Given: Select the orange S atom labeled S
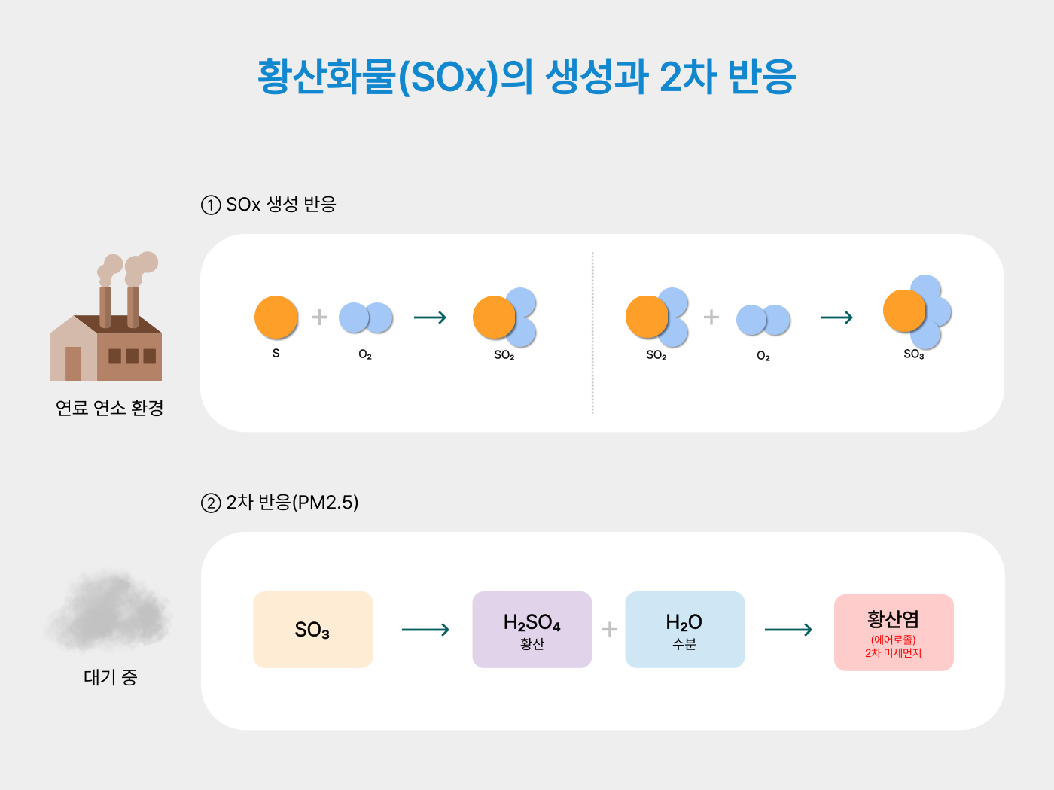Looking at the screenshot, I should (276, 318).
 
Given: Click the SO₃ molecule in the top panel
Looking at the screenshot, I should (917, 312).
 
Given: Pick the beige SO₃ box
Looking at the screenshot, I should (312, 630).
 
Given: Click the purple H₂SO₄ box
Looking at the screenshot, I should (532, 630).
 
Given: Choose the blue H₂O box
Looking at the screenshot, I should (684, 630).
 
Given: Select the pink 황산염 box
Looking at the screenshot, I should (894, 633).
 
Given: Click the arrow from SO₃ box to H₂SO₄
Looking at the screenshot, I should (425, 630).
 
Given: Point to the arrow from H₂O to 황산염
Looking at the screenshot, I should (788, 630).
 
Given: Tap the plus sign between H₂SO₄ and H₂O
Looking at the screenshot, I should (609, 630).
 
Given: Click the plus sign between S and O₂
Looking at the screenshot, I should (319, 318).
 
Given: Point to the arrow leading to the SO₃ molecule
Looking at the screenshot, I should (836, 318).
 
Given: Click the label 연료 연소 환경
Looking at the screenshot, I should (110, 408).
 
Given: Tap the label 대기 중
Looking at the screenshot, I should (110, 677).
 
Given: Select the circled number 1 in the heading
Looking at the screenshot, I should (211, 205).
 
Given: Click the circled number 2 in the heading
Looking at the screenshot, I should (211, 503).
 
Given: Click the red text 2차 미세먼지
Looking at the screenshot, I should (894, 653).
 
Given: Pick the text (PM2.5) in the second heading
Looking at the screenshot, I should (325, 503).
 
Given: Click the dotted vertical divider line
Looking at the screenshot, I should (592, 333).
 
